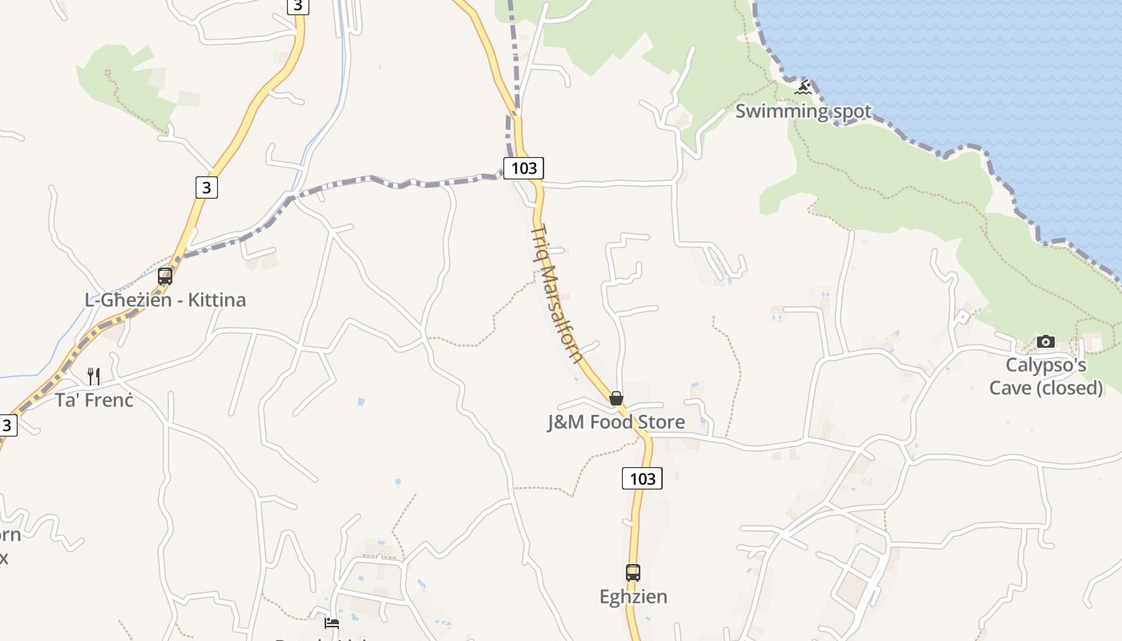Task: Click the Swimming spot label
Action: [802, 111]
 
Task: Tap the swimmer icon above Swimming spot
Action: [803, 87]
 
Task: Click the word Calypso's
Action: [1046, 366]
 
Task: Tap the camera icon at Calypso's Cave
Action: [1045, 342]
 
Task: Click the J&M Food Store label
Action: [615, 422]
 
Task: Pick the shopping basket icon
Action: [616, 398]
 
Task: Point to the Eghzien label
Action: [633, 597]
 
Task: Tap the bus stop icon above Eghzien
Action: [633, 573]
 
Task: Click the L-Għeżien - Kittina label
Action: [165, 300]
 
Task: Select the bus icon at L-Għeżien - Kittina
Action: [165, 276]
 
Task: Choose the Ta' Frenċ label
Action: [94, 400]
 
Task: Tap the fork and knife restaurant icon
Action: [94, 376]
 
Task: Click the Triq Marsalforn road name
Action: [557, 292]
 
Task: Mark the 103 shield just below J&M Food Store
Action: [642, 479]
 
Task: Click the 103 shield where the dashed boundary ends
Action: [523, 168]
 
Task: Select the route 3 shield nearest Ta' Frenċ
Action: [6, 425]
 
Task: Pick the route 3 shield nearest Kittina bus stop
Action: [206, 187]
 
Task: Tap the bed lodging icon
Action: [332, 623]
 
